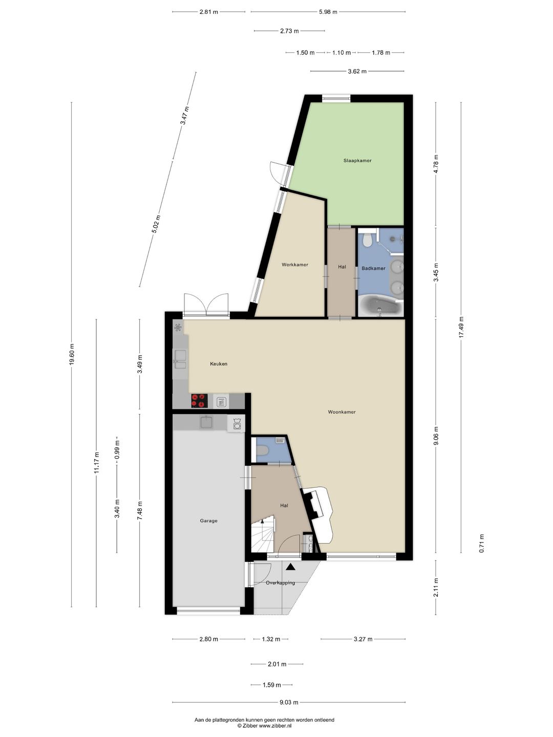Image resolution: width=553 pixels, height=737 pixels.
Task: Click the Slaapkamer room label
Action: [357, 161]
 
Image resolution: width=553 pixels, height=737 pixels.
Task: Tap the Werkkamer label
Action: [295, 265]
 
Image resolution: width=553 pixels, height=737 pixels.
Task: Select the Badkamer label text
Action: [373, 268]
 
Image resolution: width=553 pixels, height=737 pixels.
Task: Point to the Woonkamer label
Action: [342, 412]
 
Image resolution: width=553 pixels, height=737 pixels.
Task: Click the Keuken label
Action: [219, 363]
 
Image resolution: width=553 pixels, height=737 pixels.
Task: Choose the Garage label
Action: [208, 521]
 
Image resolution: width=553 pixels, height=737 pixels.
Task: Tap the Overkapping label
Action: [281, 582]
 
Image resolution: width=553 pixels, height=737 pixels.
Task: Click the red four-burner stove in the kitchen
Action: [199, 401]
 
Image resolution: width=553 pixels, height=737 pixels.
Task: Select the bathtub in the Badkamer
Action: [380, 306]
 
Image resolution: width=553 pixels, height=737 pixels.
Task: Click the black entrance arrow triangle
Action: [290, 567]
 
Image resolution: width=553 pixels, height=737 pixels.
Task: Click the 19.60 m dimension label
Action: [72, 354]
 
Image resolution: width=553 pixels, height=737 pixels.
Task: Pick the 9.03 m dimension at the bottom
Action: [289, 702]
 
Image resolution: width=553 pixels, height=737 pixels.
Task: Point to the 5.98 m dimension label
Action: [328, 12]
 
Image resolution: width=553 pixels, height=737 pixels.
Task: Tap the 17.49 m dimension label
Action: [461, 327]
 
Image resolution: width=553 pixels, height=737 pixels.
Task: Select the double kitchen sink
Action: [180, 359]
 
